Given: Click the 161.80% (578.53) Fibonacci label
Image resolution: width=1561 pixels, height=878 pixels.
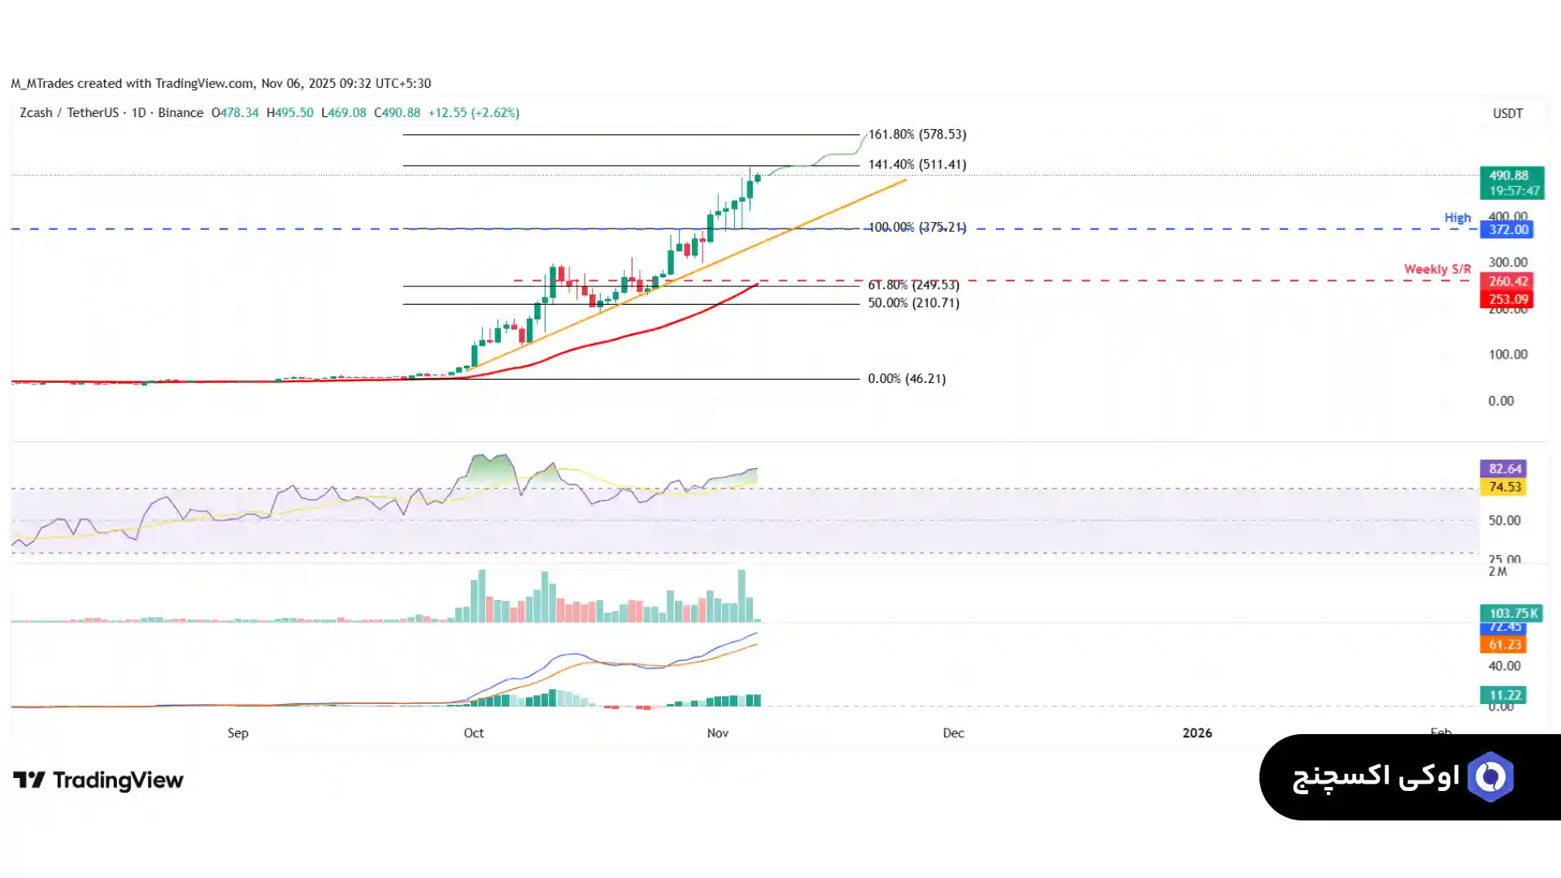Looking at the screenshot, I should pos(917,134).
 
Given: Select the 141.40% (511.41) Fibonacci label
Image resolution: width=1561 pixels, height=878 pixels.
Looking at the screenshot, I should pos(917,164).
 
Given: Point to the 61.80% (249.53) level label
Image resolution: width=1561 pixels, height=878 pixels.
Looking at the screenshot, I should pos(913,285).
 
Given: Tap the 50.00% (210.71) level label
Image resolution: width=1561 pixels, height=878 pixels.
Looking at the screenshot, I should pos(913,303).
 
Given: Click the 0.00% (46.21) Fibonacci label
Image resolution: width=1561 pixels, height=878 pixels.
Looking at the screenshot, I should pos(907,379).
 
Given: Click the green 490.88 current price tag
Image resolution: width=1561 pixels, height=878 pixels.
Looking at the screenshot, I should pos(1511,176).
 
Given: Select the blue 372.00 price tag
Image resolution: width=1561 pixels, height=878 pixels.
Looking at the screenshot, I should pos(1509,230).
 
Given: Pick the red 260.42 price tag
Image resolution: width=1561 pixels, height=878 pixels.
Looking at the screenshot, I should pos(1509,281).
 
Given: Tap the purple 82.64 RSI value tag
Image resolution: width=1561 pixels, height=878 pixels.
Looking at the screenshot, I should pos(1504,469).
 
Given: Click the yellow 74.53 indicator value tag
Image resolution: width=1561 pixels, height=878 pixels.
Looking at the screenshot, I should pos(1504,487).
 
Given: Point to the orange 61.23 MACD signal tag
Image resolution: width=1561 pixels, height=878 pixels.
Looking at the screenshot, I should pos(1504,645).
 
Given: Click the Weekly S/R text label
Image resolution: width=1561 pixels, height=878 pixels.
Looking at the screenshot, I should pos(1437,269).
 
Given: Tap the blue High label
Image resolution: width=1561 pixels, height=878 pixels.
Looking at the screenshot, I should pos(1457,218).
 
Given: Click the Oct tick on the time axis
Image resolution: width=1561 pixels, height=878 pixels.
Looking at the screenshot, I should pos(473,733).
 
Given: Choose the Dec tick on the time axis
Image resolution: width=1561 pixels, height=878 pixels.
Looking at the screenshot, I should pos(953,733).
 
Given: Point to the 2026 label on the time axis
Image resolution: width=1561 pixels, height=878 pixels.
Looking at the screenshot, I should pos(1197,733).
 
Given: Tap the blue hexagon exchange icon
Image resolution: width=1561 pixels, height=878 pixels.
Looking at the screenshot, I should pos(1489,777).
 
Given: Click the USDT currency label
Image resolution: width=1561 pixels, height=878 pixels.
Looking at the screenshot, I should pos(1507,114).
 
